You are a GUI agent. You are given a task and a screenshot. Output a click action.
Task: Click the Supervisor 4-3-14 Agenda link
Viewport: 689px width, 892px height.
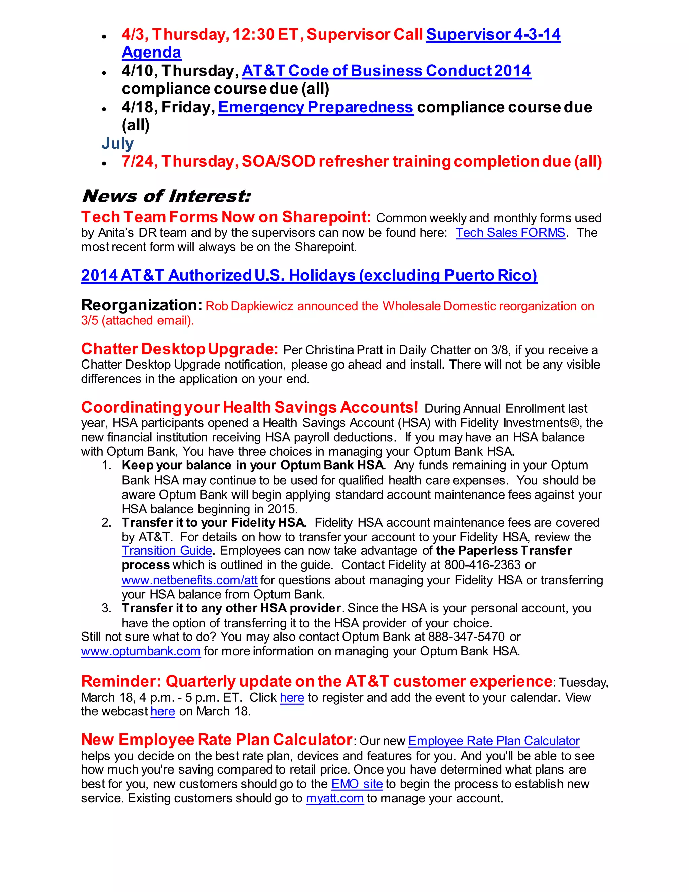[493, 35]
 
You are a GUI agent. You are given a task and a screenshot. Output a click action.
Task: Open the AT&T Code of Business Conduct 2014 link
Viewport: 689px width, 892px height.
[386, 71]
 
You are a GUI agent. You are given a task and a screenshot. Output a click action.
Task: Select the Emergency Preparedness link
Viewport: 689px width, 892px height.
[316, 107]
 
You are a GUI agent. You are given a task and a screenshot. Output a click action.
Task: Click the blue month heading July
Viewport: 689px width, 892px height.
[117, 143]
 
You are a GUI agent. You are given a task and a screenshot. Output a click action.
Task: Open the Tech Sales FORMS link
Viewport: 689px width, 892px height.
[510, 233]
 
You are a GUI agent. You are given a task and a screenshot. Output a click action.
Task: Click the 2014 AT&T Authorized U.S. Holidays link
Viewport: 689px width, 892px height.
[309, 276]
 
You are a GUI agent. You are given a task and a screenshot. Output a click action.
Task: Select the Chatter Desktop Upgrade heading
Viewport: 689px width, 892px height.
[180, 349]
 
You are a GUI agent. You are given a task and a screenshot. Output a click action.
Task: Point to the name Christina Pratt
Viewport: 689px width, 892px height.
[335, 350]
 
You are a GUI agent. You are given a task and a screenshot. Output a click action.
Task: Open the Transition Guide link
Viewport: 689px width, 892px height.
[167, 551]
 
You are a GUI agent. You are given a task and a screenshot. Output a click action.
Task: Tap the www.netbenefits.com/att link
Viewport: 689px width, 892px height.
[189, 580]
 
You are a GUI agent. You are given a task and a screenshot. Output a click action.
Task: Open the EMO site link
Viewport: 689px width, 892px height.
[357, 784]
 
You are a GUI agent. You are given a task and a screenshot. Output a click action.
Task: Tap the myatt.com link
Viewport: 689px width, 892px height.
[335, 798]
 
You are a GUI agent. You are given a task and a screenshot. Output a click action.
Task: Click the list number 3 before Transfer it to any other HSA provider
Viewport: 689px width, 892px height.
[106, 608]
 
